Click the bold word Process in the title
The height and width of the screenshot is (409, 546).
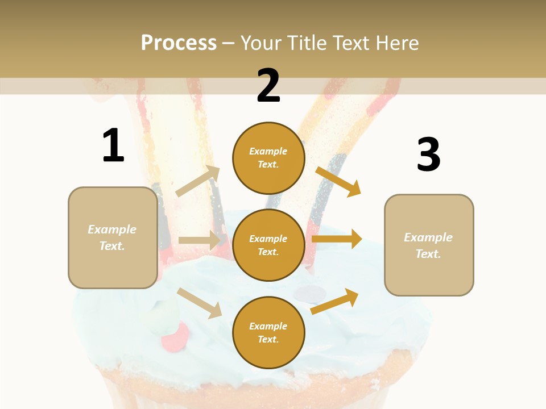(179, 43)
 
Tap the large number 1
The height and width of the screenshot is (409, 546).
(113, 145)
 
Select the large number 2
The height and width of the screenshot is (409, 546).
(268, 86)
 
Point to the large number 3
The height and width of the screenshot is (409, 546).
(428, 155)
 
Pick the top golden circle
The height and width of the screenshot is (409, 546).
(268, 158)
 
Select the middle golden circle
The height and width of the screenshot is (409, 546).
(268, 245)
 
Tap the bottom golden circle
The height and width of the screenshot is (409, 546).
(268, 333)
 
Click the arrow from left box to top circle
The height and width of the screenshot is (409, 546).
(198, 181)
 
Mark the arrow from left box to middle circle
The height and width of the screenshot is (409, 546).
(199, 240)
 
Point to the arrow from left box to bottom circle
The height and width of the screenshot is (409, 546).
(200, 303)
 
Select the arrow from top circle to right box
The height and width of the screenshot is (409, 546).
(338, 181)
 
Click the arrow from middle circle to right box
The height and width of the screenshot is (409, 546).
(337, 239)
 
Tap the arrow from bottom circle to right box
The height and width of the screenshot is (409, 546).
(335, 301)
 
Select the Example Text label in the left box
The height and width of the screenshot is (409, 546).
(112, 237)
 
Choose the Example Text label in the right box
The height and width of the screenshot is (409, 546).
(428, 245)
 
